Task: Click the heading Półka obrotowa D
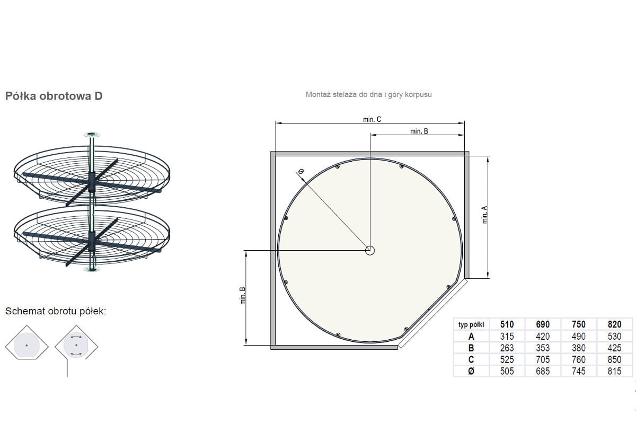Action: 54,96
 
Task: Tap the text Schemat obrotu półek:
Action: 56,311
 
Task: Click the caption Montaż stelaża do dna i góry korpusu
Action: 368,94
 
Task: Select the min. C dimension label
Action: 372,119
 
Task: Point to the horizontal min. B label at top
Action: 419,131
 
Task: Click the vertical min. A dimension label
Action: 484,215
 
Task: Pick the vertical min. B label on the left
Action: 243,296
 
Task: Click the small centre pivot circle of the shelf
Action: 370,251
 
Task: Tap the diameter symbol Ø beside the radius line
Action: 301,172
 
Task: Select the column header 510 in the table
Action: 507,324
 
